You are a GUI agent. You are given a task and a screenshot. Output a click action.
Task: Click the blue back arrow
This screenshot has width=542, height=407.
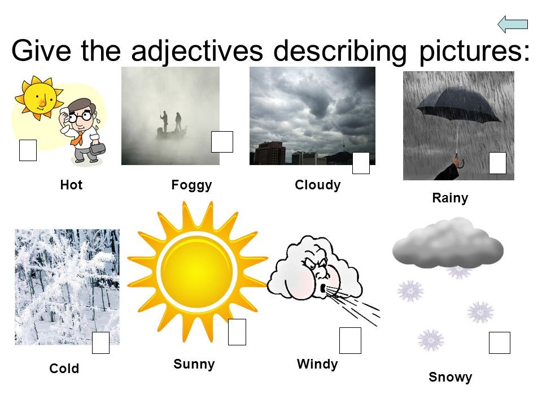[513, 24]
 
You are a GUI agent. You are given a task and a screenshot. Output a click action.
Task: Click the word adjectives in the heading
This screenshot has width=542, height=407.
[197, 51]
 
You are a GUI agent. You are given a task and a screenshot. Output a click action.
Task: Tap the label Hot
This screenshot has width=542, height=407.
[71, 185]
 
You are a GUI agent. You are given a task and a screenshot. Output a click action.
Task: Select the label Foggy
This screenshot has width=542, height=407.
[191, 185]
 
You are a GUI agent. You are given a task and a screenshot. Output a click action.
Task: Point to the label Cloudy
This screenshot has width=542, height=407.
[318, 185]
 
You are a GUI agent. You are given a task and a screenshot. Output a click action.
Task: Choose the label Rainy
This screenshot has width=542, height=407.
[450, 198]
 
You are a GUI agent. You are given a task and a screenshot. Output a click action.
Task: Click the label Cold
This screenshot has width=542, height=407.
[64, 369]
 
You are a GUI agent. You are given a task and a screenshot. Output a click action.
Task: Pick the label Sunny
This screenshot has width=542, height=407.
[194, 365]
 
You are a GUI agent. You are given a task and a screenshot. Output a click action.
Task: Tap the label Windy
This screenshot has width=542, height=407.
[317, 365]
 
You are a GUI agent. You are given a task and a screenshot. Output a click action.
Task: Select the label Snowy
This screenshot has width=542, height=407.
[451, 377]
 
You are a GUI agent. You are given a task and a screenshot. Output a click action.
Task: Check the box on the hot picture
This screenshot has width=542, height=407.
[28, 150]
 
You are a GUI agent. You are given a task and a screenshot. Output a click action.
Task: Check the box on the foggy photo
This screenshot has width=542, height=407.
[222, 141]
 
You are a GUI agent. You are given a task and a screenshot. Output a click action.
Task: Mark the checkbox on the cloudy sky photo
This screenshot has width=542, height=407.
[361, 163]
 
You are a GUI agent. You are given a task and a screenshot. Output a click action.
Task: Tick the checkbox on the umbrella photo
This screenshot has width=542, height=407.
[497, 163]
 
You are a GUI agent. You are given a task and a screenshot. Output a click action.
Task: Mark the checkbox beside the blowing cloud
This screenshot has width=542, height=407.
[350, 340]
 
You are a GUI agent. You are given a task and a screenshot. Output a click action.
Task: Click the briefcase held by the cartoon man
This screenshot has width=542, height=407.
[98, 149]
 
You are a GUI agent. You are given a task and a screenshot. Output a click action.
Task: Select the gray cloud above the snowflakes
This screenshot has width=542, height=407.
[448, 243]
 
